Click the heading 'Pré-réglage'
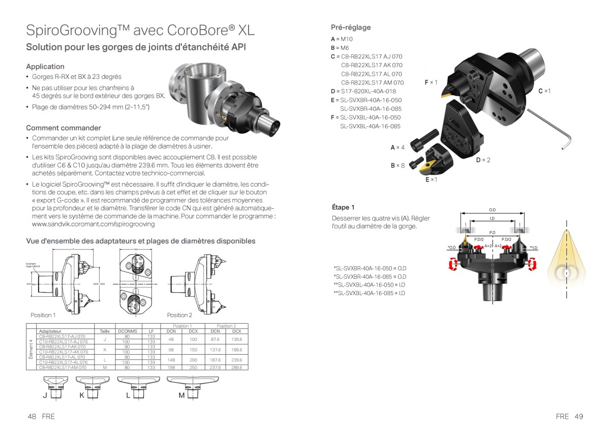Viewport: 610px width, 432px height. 350,27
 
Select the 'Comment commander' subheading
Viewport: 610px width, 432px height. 63,128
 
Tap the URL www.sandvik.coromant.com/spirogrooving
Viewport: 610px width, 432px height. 93,224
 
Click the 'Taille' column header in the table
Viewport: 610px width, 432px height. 105,331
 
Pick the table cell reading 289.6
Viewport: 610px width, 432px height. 236,367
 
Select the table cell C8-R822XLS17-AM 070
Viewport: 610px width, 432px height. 63,367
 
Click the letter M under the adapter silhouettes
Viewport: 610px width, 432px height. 181,396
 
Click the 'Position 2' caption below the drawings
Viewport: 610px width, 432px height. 179,315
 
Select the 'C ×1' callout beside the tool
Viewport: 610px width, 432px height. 544,91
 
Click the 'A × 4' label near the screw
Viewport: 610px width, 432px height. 397,148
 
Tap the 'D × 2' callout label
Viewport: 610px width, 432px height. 483,160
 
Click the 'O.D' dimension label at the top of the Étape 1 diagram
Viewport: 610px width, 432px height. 492,210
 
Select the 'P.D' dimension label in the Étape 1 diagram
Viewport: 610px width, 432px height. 492,233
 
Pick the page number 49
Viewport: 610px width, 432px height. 578,416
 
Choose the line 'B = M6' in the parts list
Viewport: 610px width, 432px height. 340,47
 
